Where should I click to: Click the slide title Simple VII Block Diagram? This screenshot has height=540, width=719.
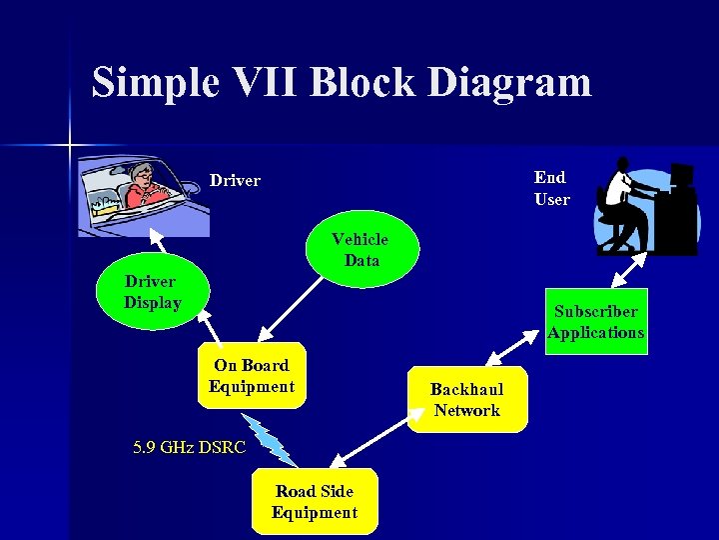pyautogui.click(x=341, y=82)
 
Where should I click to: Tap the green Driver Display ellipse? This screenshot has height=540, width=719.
pyautogui.click(x=152, y=292)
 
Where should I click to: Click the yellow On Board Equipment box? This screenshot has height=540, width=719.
pyautogui.click(x=252, y=377)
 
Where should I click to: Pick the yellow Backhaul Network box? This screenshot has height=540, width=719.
pyautogui.click(x=466, y=400)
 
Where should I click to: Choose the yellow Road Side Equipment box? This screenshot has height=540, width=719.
pyautogui.click(x=315, y=501)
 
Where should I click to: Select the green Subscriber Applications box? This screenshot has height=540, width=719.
pyautogui.click(x=596, y=322)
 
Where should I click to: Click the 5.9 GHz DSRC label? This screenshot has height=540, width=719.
pyautogui.click(x=189, y=447)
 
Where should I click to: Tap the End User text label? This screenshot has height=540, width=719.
pyautogui.click(x=551, y=188)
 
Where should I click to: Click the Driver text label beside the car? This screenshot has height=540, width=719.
pyautogui.click(x=235, y=181)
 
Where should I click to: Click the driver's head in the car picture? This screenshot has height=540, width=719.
pyautogui.click(x=142, y=177)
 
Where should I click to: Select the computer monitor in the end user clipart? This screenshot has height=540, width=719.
pyautogui.click(x=682, y=179)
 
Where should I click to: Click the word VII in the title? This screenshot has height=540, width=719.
pyautogui.click(x=261, y=82)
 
